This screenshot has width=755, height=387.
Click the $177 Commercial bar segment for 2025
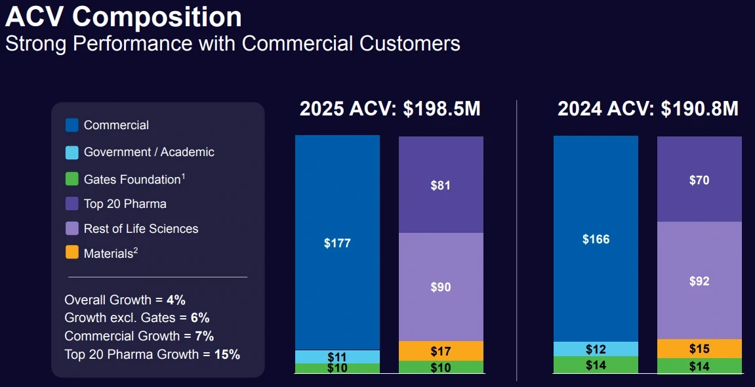point(337,243)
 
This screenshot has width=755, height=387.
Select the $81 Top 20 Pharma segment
point(441,185)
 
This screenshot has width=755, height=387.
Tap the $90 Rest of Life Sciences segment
point(441,287)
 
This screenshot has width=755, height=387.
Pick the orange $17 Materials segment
point(441,351)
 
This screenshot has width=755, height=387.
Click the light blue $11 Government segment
point(337,357)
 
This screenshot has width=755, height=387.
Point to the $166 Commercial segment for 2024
point(596,239)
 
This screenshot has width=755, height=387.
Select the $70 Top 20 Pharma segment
point(699,179)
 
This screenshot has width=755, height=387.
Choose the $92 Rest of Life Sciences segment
point(699,281)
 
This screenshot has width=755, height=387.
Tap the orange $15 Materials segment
point(699,349)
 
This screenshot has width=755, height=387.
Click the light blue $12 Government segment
point(596,349)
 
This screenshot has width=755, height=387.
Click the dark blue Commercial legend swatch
point(72,125)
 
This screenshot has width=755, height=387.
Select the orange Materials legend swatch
point(72,253)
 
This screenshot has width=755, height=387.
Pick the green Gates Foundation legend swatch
point(72,179)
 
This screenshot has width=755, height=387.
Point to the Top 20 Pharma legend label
point(125,203)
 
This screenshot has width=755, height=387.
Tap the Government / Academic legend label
point(149,152)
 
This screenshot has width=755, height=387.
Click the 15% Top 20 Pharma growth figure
point(227,354)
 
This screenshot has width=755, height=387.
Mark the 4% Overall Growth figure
point(176,300)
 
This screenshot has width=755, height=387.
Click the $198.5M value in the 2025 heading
point(441,109)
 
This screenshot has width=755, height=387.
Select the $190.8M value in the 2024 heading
point(699,109)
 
